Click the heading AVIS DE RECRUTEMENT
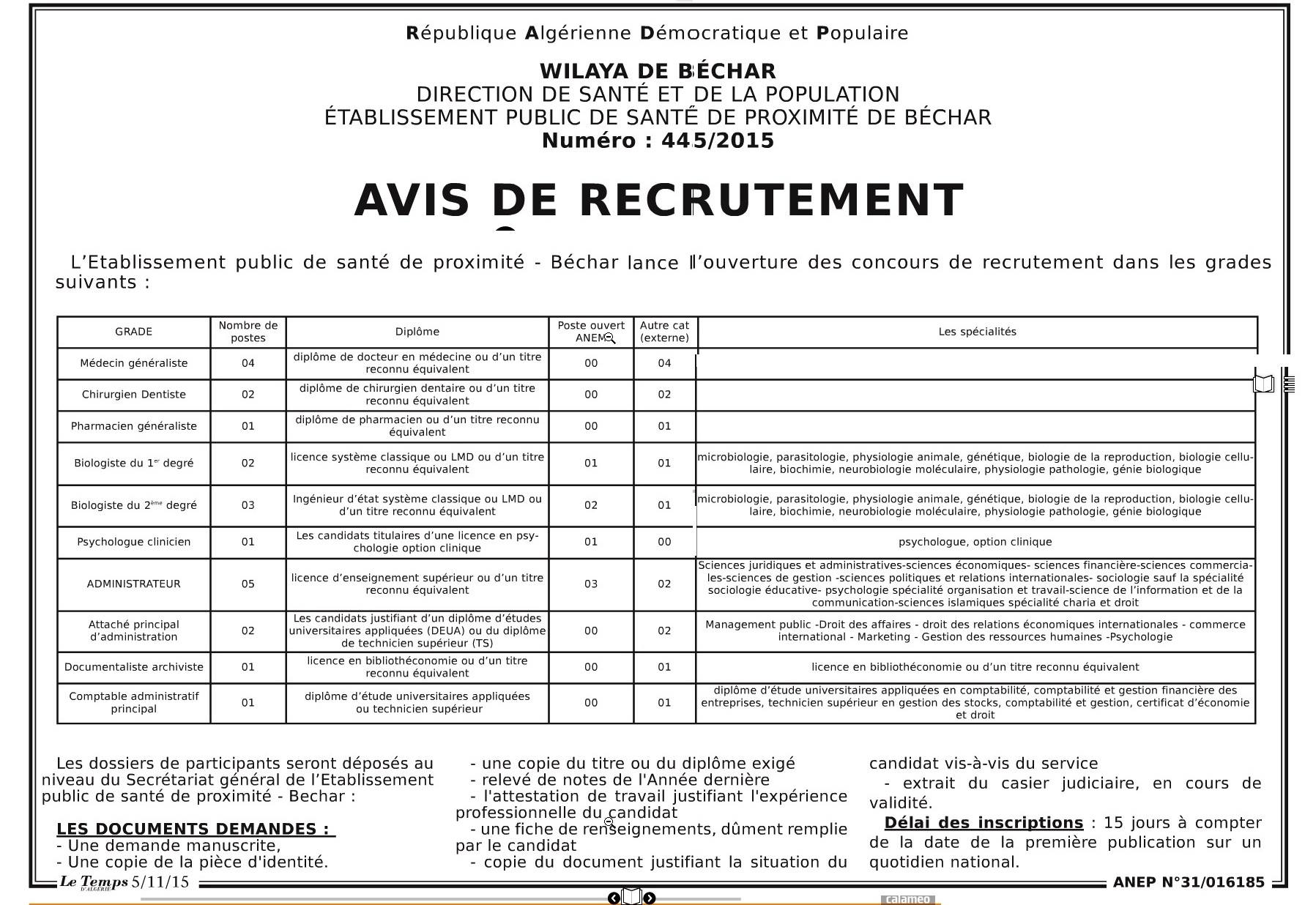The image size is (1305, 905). tap(658, 200)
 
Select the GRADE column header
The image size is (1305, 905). tap(133, 332)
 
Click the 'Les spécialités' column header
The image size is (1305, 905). tap(977, 332)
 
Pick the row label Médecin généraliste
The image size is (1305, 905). tap(133, 363)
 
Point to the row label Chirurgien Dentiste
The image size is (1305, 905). tap(133, 395)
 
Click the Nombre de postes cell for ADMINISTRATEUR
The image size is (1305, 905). tap(248, 584)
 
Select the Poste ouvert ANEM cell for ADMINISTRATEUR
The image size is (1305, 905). tap(591, 584)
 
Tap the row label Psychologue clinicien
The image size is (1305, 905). tap(133, 542)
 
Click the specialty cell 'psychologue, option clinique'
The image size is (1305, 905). tap(975, 542)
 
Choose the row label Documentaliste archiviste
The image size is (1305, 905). tap(133, 667)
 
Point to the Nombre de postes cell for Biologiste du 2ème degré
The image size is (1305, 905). tap(248, 505)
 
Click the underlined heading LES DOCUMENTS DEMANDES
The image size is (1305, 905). tap(196, 829)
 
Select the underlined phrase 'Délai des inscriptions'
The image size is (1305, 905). tap(984, 822)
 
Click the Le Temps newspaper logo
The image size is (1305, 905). tap(94, 882)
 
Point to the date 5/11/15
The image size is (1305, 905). tap(160, 882)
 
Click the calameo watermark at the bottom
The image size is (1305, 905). tap(909, 899)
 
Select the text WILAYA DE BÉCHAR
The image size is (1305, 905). tap(658, 72)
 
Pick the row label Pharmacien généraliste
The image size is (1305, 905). tap(133, 426)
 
